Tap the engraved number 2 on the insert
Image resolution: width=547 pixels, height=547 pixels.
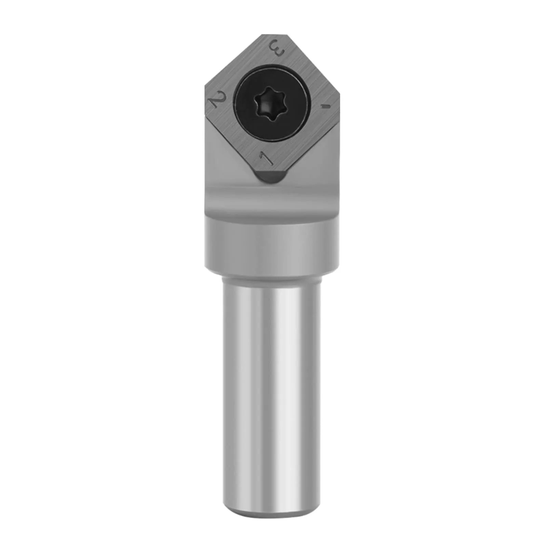[219, 99]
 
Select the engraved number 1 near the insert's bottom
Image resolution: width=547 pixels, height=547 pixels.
[267, 158]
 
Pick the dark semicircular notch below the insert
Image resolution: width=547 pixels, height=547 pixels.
[270, 178]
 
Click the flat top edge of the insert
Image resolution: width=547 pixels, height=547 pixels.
[273, 35]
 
